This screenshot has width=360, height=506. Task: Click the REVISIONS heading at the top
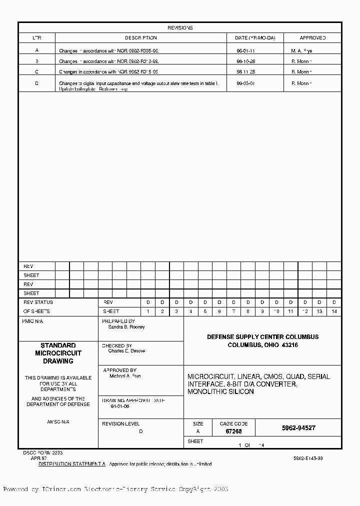[x=180, y=28]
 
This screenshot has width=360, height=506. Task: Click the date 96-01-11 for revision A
[x=245, y=51]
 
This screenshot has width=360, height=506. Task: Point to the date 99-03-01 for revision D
[x=245, y=83]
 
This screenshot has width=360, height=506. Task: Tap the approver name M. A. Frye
[x=301, y=51]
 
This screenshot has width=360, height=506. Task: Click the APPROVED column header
[x=312, y=38]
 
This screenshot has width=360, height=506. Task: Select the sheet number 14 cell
[x=334, y=311]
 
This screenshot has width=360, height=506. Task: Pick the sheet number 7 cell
[x=233, y=311]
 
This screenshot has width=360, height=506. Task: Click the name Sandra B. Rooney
[x=126, y=327]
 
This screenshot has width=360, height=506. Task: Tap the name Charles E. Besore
[x=126, y=351]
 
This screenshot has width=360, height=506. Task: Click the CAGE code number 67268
[x=233, y=431]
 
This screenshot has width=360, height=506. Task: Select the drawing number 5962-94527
[x=298, y=428]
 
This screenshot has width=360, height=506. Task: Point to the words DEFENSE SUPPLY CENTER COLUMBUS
[x=262, y=337]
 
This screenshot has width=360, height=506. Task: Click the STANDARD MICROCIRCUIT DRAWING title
[x=58, y=353]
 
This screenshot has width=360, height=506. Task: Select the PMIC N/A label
[x=33, y=321]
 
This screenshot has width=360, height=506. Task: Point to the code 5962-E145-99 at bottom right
[x=308, y=458]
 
